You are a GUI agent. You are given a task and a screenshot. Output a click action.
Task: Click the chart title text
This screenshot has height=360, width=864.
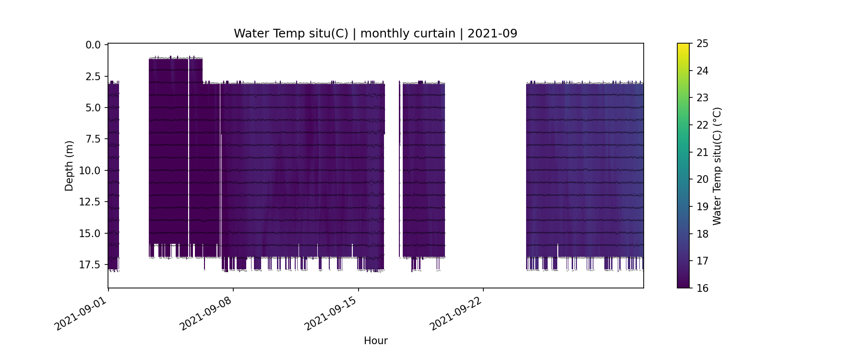[x=375, y=34]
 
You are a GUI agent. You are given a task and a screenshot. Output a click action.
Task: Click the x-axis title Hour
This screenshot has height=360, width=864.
[x=375, y=341]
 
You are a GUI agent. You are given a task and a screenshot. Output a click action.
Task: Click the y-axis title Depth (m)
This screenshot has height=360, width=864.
[x=69, y=166]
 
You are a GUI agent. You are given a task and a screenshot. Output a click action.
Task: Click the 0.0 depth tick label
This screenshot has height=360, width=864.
[x=93, y=45]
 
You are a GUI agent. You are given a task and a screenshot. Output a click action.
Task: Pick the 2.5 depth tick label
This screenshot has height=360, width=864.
[x=93, y=76]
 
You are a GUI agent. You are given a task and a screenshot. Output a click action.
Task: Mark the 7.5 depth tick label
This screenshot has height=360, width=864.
[x=93, y=139]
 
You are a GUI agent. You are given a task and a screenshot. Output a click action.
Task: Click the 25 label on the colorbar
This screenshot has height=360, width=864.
[x=702, y=44]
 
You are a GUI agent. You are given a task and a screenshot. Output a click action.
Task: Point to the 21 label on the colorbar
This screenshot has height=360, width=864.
[x=702, y=152]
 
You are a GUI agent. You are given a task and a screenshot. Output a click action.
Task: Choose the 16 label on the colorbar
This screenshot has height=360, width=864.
[x=702, y=288]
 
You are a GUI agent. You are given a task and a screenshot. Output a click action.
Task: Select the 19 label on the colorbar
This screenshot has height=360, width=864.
[x=702, y=207]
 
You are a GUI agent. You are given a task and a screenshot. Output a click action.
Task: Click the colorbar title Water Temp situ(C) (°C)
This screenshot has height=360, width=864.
[x=717, y=166]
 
